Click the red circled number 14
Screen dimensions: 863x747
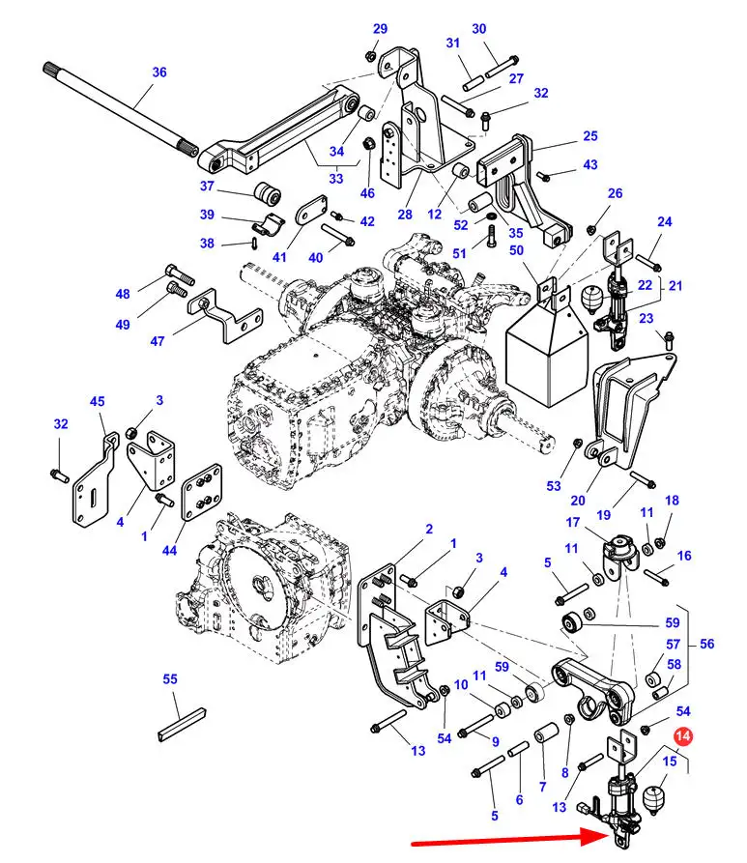click(684, 737)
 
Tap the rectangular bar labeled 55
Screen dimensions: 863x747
click(182, 724)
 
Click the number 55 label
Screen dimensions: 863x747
click(170, 679)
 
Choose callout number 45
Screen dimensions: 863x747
click(97, 402)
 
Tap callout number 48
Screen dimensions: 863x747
click(123, 294)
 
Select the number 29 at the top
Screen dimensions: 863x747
click(380, 28)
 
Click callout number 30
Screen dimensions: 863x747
click(479, 29)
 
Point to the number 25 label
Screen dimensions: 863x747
click(590, 136)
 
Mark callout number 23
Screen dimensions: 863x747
click(646, 318)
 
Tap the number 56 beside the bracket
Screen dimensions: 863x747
click(707, 644)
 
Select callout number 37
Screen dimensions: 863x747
click(207, 186)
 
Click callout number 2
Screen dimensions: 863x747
click(429, 529)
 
